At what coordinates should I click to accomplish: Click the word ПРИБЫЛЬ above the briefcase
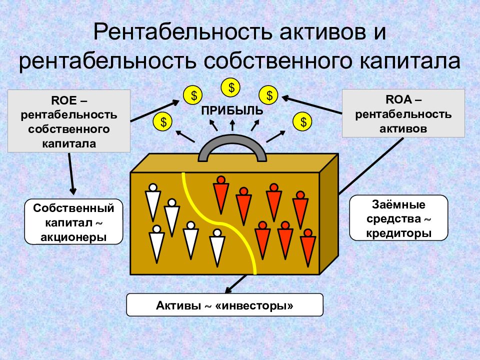pyautogui.click(x=232, y=110)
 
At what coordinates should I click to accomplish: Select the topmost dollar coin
pyautogui.click(x=231, y=87)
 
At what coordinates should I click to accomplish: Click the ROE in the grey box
pyautogui.click(x=64, y=100)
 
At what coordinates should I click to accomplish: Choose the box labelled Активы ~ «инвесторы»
pyautogui.click(x=224, y=305)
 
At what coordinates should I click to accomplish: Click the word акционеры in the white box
pyautogui.click(x=73, y=237)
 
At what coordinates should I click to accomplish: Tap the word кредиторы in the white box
pyautogui.click(x=398, y=233)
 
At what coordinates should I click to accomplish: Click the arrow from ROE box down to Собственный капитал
pyautogui.click(x=71, y=173)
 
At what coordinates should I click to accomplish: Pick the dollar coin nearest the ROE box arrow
pyautogui.click(x=193, y=95)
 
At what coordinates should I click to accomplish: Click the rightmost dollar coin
pyautogui.click(x=302, y=122)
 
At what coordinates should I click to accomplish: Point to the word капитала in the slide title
pyautogui.click(x=409, y=61)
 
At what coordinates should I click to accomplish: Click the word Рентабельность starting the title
pyautogui.click(x=183, y=32)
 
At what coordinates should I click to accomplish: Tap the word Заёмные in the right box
pyautogui.click(x=398, y=204)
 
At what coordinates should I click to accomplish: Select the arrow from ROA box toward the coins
pyautogui.click(x=311, y=105)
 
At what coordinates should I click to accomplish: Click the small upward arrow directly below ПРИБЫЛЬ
pyautogui.click(x=232, y=125)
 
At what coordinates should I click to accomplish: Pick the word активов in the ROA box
pyautogui.click(x=403, y=128)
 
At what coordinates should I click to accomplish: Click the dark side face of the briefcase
pyautogui.click(x=329, y=214)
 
